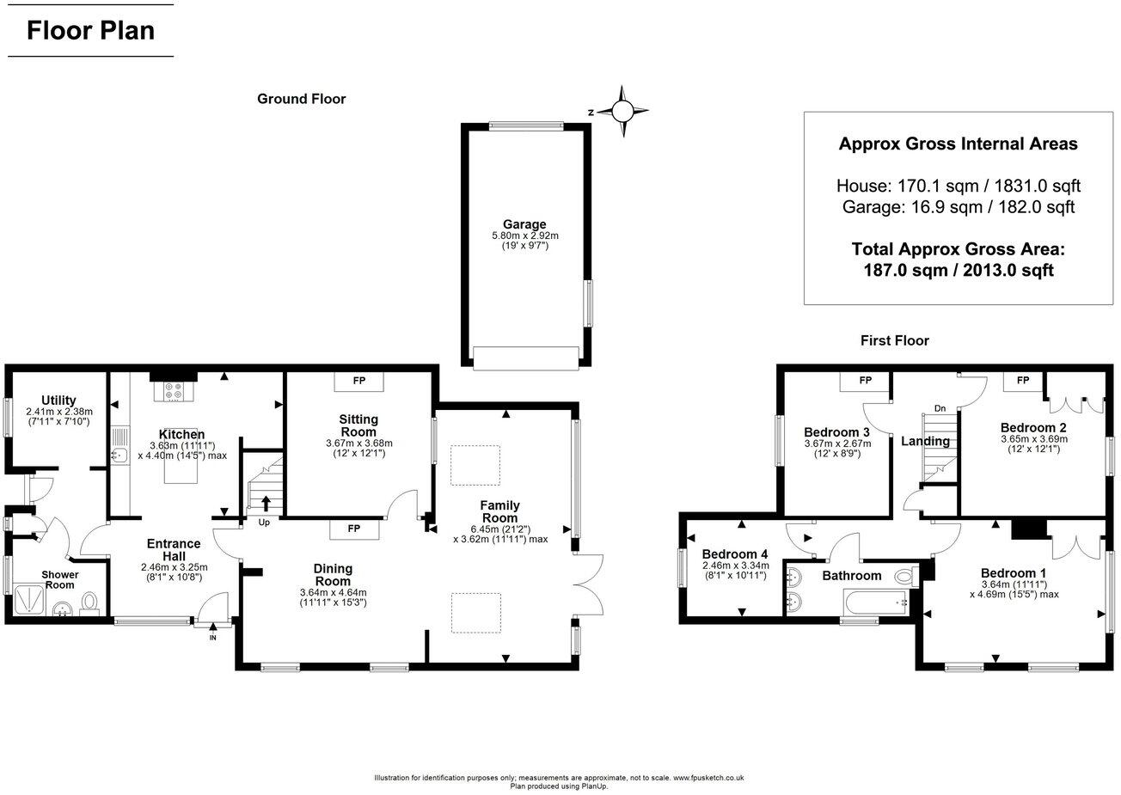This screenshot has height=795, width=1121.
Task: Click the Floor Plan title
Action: click(90, 31)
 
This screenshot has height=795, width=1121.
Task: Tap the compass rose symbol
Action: click(622, 111)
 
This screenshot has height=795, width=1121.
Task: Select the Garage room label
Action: click(525, 225)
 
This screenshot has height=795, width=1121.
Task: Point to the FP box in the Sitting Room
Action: click(359, 381)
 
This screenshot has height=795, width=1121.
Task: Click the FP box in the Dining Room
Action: click(353, 529)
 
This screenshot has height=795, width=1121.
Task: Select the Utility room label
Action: click(58, 401)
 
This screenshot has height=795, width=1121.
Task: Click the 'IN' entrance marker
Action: click(212, 637)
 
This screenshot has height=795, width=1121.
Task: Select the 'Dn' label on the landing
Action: click(940, 409)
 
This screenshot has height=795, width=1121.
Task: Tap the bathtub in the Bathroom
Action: click(875, 603)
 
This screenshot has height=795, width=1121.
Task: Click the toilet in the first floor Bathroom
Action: click(906, 576)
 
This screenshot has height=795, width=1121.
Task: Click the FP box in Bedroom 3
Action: click(865, 381)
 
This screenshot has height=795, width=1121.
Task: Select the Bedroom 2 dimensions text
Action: click(1032, 443)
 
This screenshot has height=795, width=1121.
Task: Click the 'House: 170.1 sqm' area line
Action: click(958, 186)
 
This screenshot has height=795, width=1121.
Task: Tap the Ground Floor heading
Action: click(301, 99)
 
